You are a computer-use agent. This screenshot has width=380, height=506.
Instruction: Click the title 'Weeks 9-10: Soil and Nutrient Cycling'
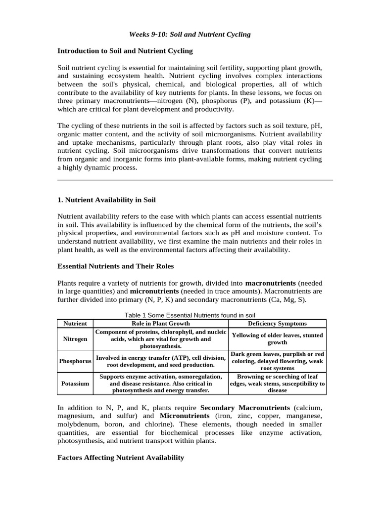tap(190, 35)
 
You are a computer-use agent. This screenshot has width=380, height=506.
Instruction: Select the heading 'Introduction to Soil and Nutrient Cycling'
tap(125, 51)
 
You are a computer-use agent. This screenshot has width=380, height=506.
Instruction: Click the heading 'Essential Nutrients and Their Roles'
tap(116, 266)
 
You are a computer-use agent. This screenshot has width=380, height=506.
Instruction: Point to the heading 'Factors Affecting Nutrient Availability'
tap(121, 458)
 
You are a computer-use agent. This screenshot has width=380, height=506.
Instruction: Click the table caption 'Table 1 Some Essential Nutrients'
tap(190, 315)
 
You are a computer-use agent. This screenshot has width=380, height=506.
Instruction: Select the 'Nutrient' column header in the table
tap(75, 324)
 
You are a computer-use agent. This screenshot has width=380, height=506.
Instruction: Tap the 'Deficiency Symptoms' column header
tap(277, 324)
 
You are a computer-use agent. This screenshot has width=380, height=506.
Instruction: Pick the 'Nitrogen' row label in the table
tap(75, 339)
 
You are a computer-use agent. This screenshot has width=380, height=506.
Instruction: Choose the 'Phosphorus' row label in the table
tap(75, 361)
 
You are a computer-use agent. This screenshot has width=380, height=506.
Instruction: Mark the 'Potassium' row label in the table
tap(75, 383)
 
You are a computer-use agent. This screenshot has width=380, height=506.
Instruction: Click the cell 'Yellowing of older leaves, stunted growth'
tap(277, 339)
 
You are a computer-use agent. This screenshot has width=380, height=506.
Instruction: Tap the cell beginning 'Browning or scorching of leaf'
tap(277, 383)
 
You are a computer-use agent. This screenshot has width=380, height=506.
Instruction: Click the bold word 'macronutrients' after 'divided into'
tap(270, 283)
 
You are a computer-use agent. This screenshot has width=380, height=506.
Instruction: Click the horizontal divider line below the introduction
tap(195, 180)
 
